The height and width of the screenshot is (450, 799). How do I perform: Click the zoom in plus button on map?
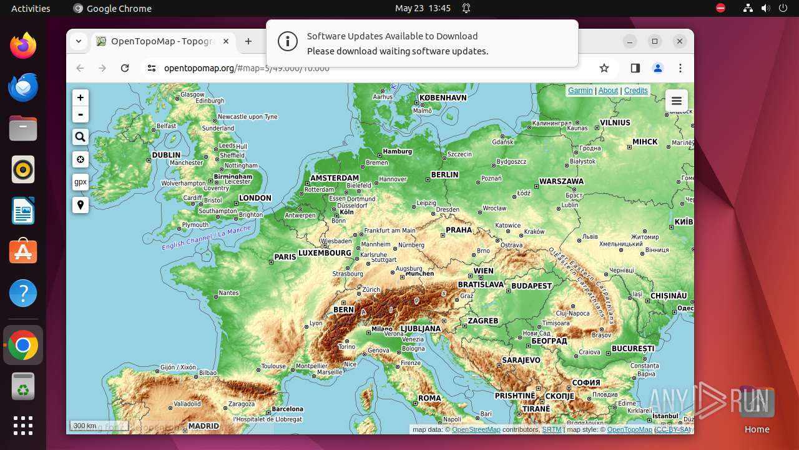pyautogui.click(x=81, y=98)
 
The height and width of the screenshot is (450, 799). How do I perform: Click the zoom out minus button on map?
pyautogui.click(x=81, y=114)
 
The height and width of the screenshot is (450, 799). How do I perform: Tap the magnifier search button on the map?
pyautogui.click(x=81, y=137)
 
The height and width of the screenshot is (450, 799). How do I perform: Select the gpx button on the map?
pyautogui.click(x=81, y=182)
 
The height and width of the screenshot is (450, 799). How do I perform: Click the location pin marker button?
pyautogui.click(x=81, y=204)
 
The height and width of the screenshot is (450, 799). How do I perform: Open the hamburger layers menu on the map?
pyautogui.click(x=676, y=101)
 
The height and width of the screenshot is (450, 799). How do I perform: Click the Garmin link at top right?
pyautogui.click(x=580, y=91)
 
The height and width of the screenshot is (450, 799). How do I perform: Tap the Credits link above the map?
pyautogui.click(x=635, y=91)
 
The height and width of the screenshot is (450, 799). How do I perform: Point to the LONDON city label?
pyautogui.click(x=255, y=198)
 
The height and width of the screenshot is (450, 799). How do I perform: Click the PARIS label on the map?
pyautogui.click(x=285, y=257)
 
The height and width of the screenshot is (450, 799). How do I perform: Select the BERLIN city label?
pyautogui.click(x=444, y=174)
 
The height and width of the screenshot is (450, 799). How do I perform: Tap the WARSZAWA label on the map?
pyautogui.click(x=561, y=181)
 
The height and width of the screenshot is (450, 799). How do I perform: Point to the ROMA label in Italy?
pyautogui.click(x=429, y=398)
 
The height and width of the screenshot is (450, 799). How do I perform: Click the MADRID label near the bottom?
pyautogui.click(x=203, y=426)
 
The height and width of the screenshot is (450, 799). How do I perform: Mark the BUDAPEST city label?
pyautogui.click(x=532, y=286)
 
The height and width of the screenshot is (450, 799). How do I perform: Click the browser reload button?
pyautogui.click(x=125, y=68)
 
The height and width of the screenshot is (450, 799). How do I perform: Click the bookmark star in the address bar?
pyautogui.click(x=604, y=68)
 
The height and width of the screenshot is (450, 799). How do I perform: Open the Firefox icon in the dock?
pyautogui.click(x=23, y=46)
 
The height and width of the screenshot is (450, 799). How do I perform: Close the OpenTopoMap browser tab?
pyautogui.click(x=226, y=41)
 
